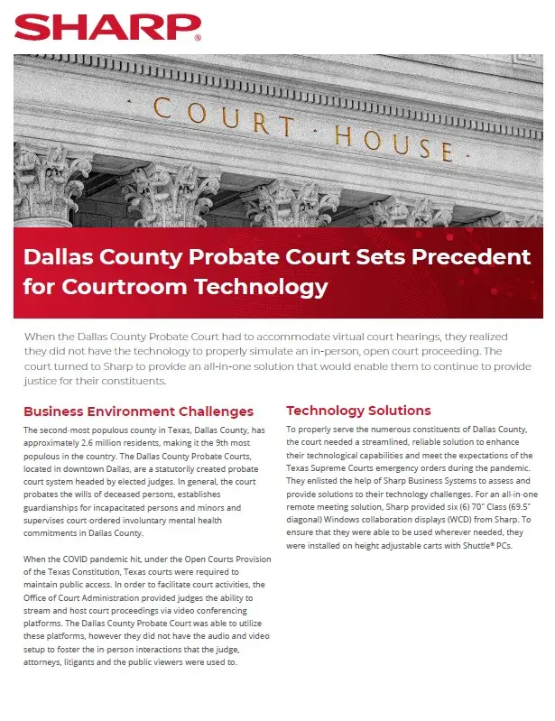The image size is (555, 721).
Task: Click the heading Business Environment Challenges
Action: click(x=138, y=411)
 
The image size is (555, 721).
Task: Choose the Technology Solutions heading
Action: click(x=358, y=411)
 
